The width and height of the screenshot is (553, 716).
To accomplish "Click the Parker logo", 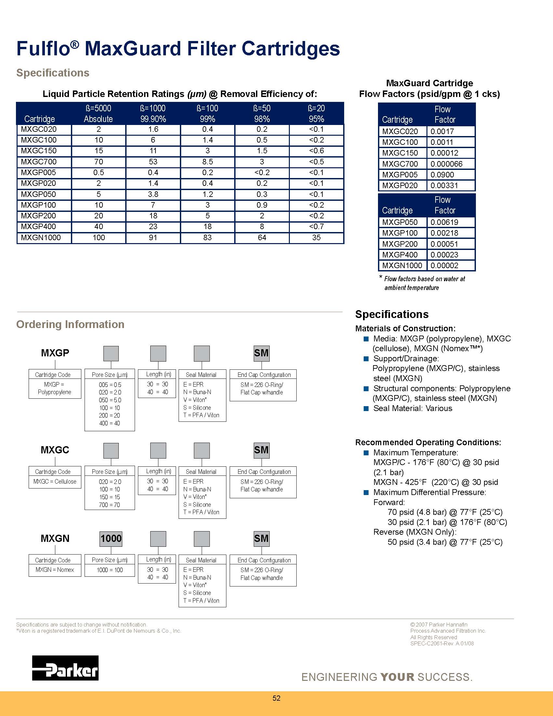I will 65,668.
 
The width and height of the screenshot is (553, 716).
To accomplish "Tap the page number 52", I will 276,698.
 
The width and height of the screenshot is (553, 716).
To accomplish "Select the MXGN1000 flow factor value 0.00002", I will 444,266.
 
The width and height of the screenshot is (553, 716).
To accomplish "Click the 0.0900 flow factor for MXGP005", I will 442,175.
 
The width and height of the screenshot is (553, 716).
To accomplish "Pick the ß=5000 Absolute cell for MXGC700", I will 99,162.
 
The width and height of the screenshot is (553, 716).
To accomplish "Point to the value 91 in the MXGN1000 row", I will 153,238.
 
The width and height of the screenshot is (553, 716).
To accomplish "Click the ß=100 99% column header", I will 208,114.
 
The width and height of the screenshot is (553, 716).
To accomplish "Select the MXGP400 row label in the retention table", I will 38,227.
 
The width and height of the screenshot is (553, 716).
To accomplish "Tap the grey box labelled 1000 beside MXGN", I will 111,539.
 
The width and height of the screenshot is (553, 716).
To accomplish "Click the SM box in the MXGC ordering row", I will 261,450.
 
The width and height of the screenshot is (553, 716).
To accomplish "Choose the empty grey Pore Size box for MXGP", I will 111,353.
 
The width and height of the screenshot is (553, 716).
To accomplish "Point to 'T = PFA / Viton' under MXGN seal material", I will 201,600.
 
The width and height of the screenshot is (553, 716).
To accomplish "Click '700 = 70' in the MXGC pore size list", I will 109,505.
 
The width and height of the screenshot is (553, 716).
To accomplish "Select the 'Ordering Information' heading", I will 70,324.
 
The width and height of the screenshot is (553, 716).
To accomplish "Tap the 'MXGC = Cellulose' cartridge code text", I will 55,482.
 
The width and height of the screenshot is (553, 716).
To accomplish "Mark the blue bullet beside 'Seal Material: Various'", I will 366,408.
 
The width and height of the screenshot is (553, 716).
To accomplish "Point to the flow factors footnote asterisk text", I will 422,283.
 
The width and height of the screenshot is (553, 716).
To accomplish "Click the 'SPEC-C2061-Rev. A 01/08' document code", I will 442,643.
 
